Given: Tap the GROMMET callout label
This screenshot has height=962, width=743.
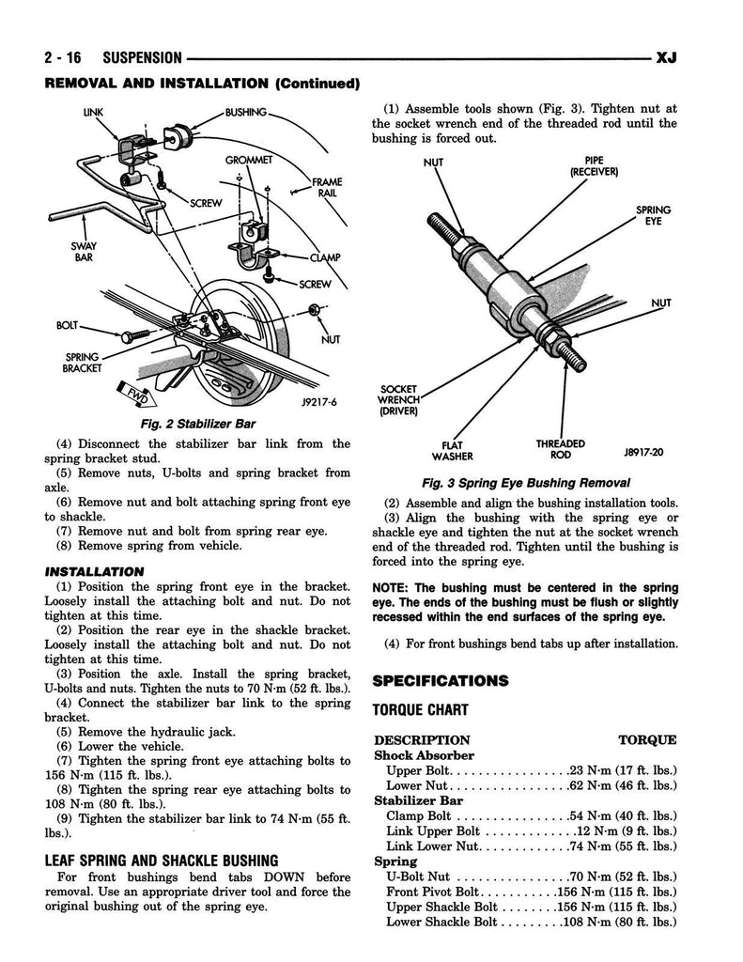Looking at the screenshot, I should [248, 160].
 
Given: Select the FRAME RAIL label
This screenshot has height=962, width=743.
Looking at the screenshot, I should [328, 188].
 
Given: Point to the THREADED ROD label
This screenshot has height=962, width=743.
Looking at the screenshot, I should [561, 449].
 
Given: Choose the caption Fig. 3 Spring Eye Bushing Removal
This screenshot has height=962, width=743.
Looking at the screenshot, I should [525, 483].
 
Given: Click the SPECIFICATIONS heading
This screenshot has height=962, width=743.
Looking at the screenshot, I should [441, 680].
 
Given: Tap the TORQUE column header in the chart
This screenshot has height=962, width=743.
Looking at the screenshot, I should [647, 739].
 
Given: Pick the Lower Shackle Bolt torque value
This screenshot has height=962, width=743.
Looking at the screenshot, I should [621, 922].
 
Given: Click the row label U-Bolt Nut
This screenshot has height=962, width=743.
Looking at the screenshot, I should [420, 877].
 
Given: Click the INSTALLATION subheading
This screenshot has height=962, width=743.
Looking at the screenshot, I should [94, 571].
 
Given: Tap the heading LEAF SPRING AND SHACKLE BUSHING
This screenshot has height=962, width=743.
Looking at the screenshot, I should [162, 860].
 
